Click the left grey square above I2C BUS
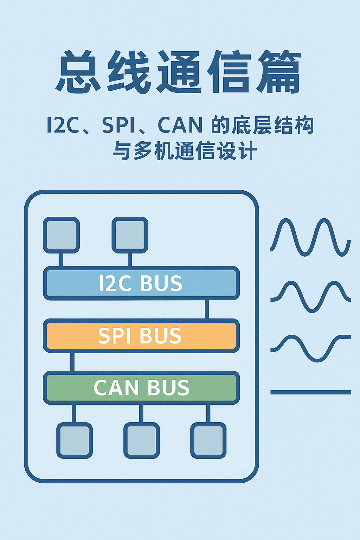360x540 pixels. pos(61,235)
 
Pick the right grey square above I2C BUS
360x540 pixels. pos(130,235)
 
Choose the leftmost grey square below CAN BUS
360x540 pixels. pos(75,441)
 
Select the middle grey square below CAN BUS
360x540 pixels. pos(141,441)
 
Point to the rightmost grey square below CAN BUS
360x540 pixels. pos(208,441)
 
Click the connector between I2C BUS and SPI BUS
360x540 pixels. pos(207,309)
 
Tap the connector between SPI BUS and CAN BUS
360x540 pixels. pos(72,362)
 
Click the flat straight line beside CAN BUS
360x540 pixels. pos(311,392)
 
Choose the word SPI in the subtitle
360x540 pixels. pos(118,125)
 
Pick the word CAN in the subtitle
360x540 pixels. pos(180,125)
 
